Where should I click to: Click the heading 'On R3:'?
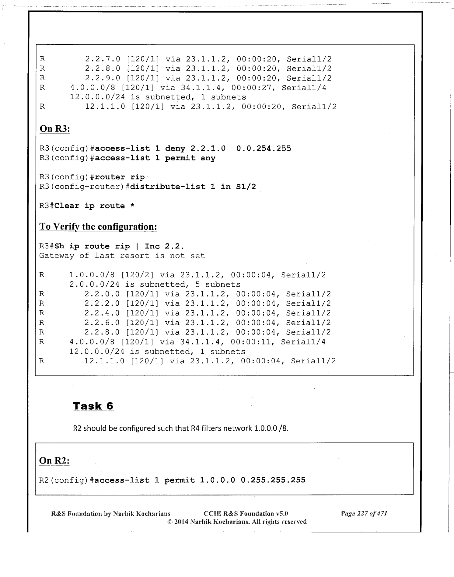[x=55, y=129]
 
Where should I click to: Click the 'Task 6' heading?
[x=93, y=406]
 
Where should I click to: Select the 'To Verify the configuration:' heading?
[x=98, y=227]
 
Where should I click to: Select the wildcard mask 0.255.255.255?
[x=273, y=480]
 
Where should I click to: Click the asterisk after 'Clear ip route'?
[x=132, y=206]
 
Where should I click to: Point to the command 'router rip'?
[x=120, y=177]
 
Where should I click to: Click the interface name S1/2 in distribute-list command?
[x=246, y=187]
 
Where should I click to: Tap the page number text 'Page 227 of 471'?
[x=364, y=514]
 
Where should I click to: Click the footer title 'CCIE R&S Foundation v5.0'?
[x=246, y=514]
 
